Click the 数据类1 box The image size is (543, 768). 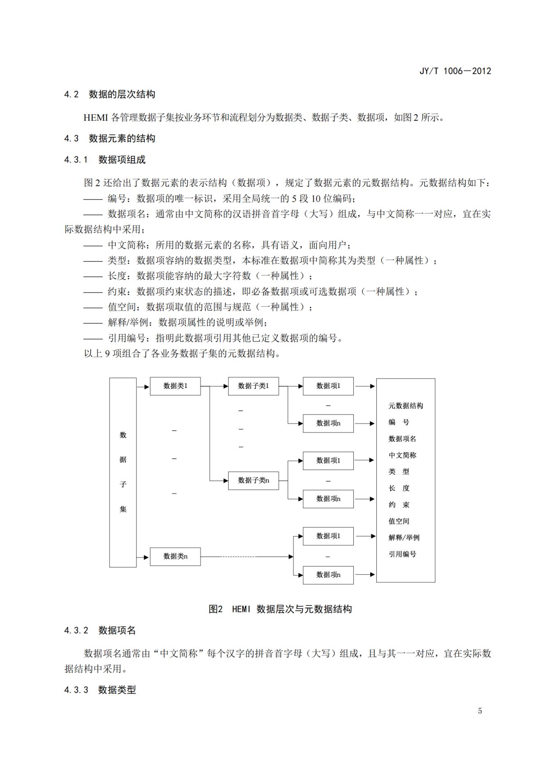(175, 386)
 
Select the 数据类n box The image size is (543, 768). (175, 557)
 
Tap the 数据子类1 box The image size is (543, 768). (253, 386)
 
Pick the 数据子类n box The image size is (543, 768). (253, 480)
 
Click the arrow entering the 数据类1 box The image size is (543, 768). (143, 387)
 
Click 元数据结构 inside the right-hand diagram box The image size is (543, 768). (406, 406)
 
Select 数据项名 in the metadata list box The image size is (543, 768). (402, 439)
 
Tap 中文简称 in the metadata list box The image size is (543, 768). (402, 455)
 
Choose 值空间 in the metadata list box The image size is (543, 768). (399, 521)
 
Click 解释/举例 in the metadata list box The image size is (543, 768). (404, 538)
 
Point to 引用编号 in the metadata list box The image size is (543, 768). (402, 554)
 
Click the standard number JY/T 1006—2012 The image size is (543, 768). (455, 71)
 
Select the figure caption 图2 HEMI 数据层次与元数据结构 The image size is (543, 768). (280, 609)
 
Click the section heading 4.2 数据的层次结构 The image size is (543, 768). (110, 94)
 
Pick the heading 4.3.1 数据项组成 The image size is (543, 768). (105, 160)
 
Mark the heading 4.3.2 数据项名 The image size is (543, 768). (100, 630)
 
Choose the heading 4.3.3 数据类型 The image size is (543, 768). (100, 690)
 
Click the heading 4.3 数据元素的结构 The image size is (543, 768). (110, 139)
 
